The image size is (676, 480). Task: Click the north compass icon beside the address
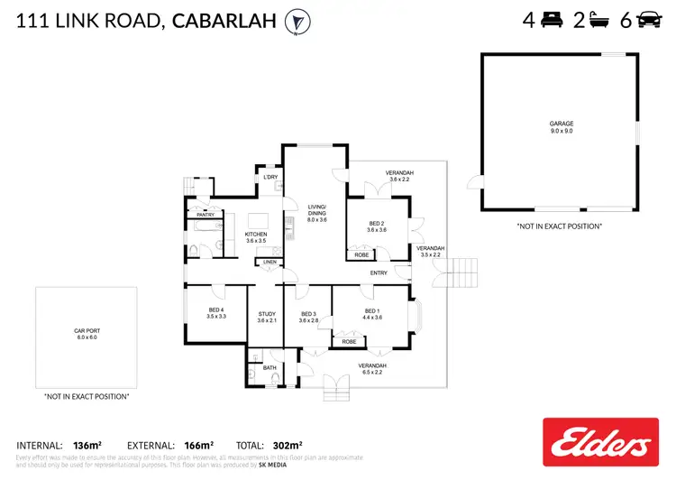(295, 21)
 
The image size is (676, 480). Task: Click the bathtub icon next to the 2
(600, 20)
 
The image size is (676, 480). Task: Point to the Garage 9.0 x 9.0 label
(562, 127)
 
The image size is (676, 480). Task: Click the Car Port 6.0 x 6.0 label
(86, 334)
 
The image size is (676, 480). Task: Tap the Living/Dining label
(316, 212)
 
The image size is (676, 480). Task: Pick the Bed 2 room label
(377, 226)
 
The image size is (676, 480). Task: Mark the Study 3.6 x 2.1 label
(266, 317)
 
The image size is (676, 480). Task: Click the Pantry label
(205, 216)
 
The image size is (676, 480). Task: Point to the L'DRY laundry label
(269, 178)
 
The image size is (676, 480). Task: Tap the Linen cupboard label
(268, 263)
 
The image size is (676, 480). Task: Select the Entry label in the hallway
(378, 272)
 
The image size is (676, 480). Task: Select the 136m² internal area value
(88, 445)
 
